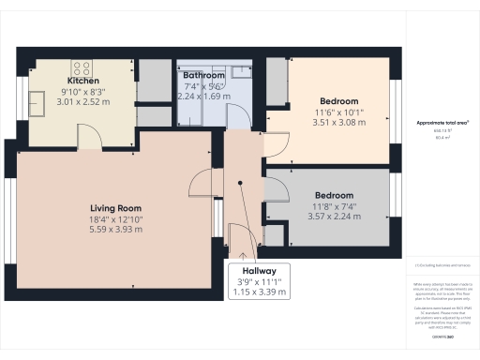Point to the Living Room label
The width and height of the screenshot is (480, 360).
point(115,208)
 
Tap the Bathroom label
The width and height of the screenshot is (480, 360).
point(203,74)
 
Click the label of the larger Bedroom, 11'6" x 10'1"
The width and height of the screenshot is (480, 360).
point(338,100)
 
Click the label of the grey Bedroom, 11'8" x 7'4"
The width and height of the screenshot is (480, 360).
point(333,195)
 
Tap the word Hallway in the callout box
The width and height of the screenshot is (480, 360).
point(258,269)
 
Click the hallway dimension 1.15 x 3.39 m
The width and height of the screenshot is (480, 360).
point(258,292)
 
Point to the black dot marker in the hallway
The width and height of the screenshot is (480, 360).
point(241,186)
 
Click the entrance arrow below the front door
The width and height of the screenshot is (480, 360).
point(242,251)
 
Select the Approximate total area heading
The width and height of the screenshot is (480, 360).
point(442,123)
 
